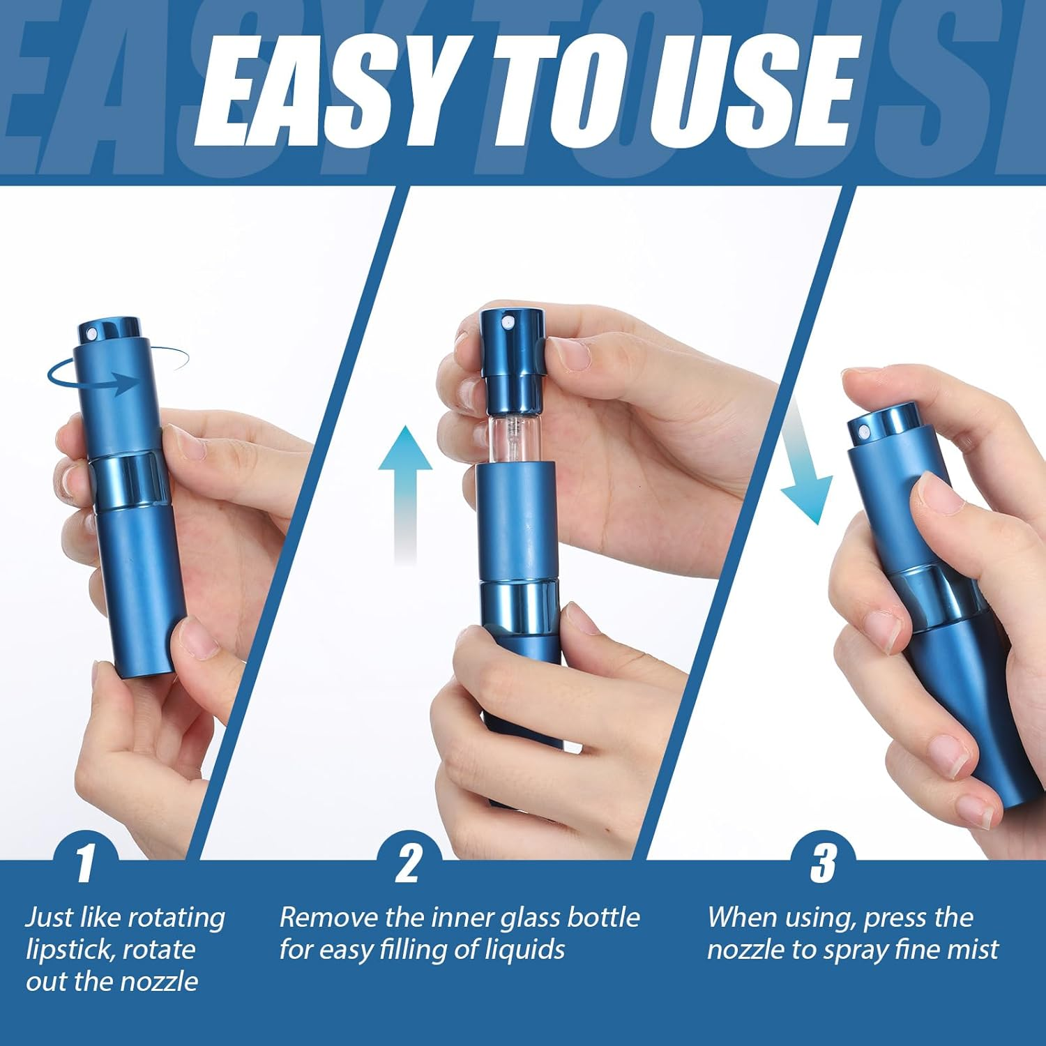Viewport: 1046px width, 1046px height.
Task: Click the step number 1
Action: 85,863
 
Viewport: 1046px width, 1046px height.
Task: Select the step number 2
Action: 408,863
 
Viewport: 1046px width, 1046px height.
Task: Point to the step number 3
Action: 823,863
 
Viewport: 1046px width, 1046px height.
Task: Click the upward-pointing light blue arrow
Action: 405,488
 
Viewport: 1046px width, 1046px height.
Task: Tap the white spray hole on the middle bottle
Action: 508,321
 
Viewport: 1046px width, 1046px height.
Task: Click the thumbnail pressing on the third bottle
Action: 934,492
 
